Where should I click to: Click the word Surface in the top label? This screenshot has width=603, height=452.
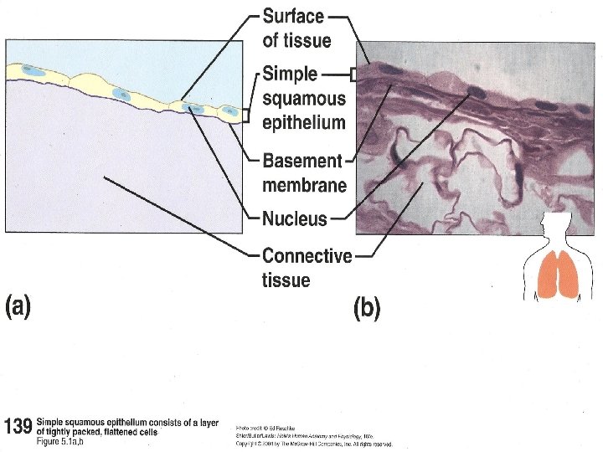(293, 16)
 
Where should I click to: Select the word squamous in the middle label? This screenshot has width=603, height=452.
(303, 98)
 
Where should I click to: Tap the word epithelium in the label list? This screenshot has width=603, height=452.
(303, 122)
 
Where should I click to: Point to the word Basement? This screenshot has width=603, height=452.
(302, 160)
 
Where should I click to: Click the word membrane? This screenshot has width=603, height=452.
(304, 183)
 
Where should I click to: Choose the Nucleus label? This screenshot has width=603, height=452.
(295, 219)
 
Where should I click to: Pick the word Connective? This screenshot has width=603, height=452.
(307, 255)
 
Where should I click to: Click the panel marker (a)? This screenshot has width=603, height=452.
(18, 307)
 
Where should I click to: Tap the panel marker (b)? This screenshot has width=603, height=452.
(366, 309)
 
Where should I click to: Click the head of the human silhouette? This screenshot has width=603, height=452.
(554, 226)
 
